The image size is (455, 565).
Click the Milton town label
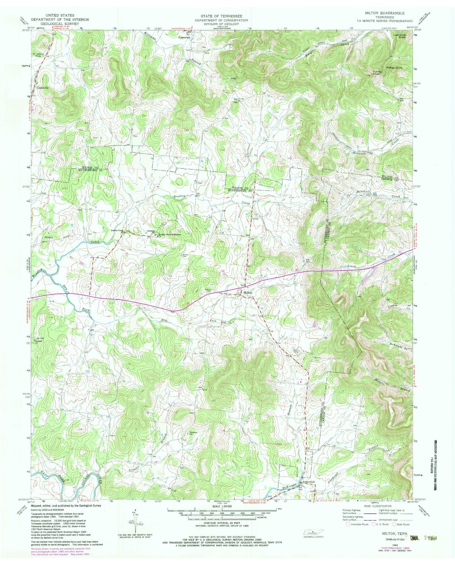click(x=248, y=293)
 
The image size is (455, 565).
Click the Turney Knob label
click(x=377, y=72)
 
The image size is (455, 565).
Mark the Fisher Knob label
click(x=394, y=68)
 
